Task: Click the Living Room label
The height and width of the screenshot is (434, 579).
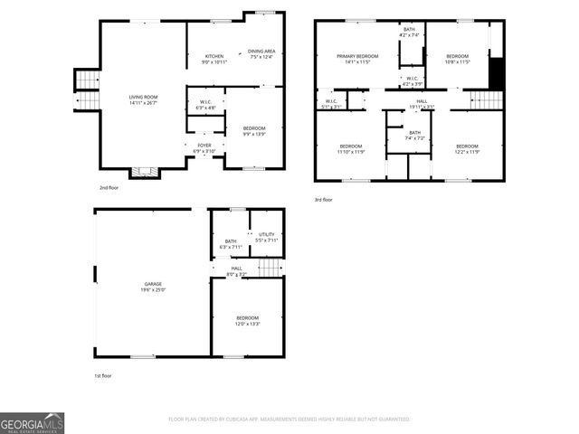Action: [x=143, y=99]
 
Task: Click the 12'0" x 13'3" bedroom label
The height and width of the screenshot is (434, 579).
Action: [x=248, y=320]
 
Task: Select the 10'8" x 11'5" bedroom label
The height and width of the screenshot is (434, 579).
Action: [x=457, y=60]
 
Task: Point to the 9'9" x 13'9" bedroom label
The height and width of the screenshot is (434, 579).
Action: [x=254, y=131]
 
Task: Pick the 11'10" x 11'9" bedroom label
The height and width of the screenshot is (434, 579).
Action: [x=351, y=149]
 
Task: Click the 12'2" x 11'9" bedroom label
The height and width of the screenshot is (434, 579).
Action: [x=467, y=149]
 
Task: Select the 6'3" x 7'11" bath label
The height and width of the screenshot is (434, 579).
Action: [x=230, y=243]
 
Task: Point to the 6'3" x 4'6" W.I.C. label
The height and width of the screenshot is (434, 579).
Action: [x=206, y=105]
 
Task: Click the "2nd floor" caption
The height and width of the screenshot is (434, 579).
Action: [x=108, y=188]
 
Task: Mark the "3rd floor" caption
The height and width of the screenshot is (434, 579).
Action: [x=324, y=199]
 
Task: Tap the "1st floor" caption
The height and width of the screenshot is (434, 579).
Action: [x=103, y=375]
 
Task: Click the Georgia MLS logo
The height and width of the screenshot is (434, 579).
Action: [x=32, y=422]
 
